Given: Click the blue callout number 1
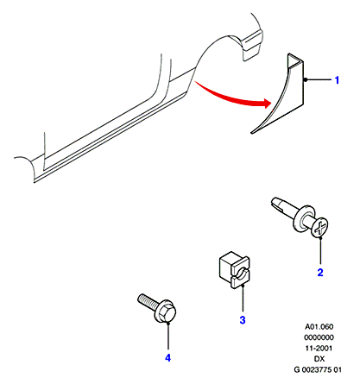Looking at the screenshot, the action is [337, 80].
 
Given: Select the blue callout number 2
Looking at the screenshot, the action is [320, 272].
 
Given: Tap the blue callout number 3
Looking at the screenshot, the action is [243, 319].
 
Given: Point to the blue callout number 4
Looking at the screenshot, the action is [167, 358].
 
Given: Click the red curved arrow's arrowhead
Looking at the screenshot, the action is [266, 103].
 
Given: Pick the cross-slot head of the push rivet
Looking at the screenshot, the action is [319, 228].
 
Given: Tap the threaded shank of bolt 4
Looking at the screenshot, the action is [148, 300].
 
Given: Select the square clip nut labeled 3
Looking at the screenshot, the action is [234, 270].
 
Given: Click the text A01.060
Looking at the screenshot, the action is [319, 327].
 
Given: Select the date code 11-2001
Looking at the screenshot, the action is [319, 349].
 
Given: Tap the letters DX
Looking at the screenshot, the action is [319, 359].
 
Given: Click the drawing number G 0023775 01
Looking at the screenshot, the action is [318, 369].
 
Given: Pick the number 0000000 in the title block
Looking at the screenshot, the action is [319, 337].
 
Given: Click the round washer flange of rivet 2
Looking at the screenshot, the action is [301, 218].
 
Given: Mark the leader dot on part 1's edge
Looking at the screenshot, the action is [305, 79].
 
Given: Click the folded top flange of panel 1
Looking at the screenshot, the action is [295, 60].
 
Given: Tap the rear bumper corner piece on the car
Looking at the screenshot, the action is [251, 46].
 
